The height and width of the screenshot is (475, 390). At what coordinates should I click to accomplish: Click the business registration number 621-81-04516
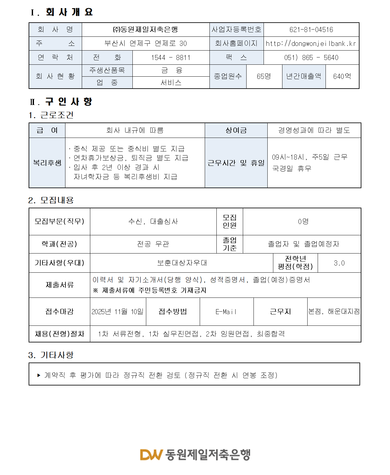311,30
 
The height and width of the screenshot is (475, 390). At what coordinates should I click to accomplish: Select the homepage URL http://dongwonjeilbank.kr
311,44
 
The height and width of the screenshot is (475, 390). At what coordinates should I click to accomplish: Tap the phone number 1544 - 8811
170,58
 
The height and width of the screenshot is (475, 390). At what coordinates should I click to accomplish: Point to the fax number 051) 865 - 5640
311,58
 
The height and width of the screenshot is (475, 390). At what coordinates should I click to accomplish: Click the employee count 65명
264,77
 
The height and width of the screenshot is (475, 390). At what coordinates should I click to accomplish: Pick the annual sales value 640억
342,77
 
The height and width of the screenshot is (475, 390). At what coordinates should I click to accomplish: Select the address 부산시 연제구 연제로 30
146,44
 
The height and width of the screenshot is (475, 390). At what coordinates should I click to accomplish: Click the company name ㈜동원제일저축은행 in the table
145,30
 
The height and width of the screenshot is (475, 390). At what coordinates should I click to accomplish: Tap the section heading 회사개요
69,12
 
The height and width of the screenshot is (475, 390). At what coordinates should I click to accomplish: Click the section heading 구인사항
69,102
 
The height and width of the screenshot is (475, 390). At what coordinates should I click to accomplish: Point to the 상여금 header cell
236,130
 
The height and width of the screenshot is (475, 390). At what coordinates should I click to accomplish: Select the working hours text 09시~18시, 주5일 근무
309,157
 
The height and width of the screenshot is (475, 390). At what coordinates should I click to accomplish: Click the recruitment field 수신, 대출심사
153,221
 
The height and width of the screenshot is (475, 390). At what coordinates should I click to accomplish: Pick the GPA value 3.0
339,263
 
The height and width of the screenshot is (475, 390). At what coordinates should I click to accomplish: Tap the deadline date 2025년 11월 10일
118,312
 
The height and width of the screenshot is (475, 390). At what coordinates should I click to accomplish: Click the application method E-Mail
226,312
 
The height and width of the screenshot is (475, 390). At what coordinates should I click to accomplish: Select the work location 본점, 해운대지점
334,311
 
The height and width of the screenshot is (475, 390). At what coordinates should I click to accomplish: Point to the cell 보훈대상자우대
182,263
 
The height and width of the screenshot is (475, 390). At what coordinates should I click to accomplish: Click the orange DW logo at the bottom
151,455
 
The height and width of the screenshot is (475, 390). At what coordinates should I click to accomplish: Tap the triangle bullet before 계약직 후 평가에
39,375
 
